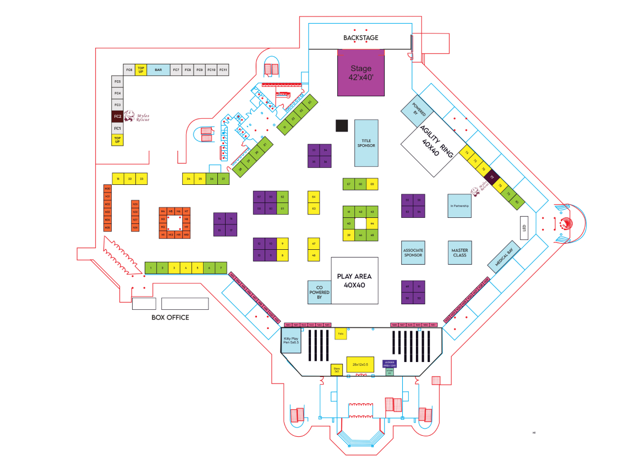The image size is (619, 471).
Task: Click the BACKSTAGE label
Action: tap(360, 38)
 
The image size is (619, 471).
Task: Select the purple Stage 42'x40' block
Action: tap(361, 73)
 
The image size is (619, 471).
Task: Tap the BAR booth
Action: tap(158, 70)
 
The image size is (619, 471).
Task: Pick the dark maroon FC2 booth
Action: tap(117, 117)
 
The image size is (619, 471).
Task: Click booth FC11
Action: tap(223, 70)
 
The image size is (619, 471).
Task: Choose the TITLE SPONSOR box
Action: tap(366, 143)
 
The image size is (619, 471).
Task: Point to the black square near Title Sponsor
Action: tap(342, 125)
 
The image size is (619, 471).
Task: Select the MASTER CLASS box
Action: tap(459, 253)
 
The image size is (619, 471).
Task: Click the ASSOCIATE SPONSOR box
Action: tap(413, 253)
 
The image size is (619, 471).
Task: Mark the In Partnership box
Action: tap(459, 206)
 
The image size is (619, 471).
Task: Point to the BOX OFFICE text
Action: tap(170, 317)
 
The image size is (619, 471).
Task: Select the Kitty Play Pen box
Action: tap(291, 340)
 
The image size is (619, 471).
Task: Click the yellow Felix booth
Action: tap(341, 333)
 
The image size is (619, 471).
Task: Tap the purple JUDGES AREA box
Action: tap(390, 363)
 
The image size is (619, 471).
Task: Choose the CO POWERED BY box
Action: tap(319, 292)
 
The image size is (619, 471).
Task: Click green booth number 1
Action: tap(150, 268)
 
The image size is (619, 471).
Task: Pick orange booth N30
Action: tap(107, 189)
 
